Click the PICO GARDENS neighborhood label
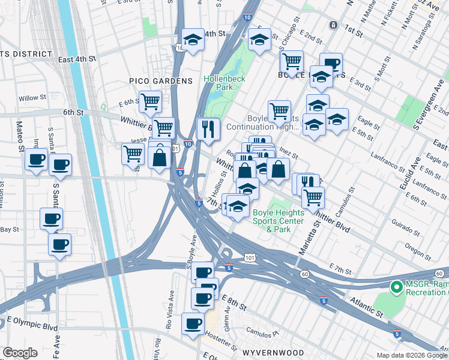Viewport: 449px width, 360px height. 160,81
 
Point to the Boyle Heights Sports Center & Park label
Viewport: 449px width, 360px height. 271,220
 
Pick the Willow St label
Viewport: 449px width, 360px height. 32,98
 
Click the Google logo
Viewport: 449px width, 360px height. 20,353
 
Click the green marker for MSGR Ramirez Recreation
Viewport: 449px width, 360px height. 396,288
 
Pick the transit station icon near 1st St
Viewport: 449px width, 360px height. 333,25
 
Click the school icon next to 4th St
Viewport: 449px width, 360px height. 193,40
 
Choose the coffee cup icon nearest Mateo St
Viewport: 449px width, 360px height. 37,160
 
